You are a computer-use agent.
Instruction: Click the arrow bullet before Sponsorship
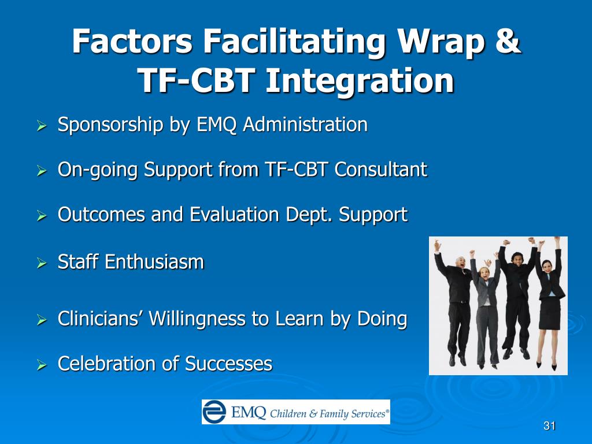(42, 125)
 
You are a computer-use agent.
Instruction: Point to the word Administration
(305, 124)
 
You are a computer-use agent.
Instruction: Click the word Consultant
(380, 169)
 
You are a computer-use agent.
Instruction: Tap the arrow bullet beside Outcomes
(42, 216)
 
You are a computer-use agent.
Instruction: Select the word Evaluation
(235, 214)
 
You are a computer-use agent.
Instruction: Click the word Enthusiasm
(154, 262)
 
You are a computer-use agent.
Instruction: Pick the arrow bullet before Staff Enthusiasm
(42, 263)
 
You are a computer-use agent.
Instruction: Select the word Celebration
(106, 364)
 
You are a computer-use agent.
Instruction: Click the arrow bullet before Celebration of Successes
(42, 365)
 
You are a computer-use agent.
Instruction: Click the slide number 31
(549, 426)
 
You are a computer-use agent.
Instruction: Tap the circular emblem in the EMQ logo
(214, 412)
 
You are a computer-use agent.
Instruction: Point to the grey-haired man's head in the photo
(460, 262)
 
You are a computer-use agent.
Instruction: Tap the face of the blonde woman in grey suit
(484, 274)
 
